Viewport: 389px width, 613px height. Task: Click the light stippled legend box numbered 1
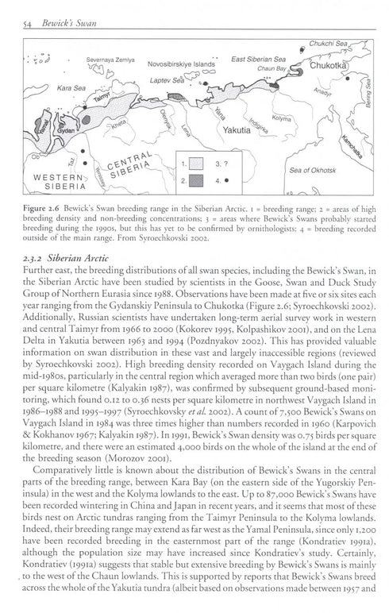[193, 164]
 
